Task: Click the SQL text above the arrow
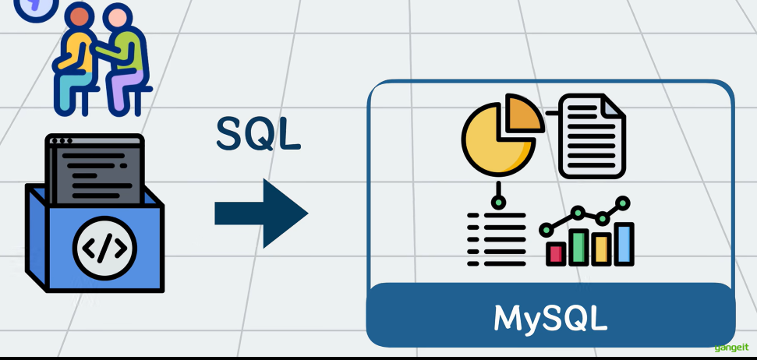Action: pyautogui.click(x=258, y=133)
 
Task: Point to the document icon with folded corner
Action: pyautogui.click(x=591, y=136)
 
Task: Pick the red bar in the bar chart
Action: pyautogui.click(x=556, y=252)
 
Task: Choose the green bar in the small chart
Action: pyautogui.click(x=578, y=245)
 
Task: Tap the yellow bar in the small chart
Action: pyautogui.click(x=600, y=248)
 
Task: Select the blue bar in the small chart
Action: pyautogui.click(x=624, y=242)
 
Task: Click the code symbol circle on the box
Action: pyautogui.click(x=104, y=249)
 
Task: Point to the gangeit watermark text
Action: pyautogui.click(x=732, y=347)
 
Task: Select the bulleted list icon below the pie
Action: pyautogui.click(x=497, y=237)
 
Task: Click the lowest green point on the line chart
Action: pyautogui.click(x=547, y=230)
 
